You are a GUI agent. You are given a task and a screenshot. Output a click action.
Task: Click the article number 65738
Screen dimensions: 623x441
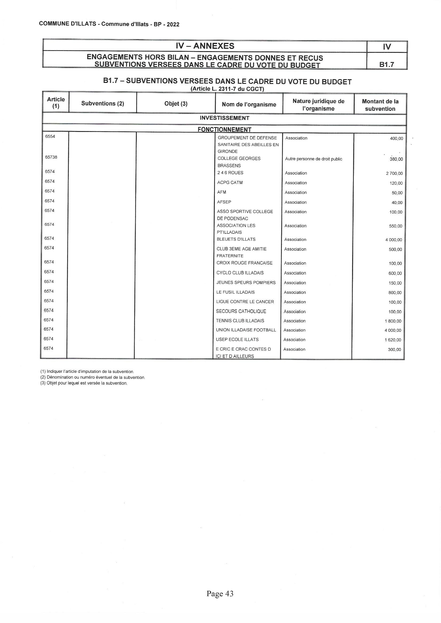point(51,157)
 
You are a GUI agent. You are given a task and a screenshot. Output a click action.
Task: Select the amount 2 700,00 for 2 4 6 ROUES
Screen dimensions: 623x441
point(394,174)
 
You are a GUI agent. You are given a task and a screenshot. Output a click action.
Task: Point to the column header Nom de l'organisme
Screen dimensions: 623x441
point(249,105)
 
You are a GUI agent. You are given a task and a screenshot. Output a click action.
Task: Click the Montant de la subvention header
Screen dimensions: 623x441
point(380,105)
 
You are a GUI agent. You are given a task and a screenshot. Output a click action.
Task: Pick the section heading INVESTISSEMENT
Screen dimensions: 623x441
point(224,118)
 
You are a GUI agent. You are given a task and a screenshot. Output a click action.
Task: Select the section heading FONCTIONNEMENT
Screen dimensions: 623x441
point(224,130)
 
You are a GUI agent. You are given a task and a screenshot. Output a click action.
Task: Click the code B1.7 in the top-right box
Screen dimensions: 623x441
point(387,64)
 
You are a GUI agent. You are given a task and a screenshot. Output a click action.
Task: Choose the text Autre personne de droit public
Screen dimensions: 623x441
point(313,159)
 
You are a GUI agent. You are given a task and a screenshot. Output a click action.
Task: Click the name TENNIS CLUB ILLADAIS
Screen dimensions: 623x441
point(240,321)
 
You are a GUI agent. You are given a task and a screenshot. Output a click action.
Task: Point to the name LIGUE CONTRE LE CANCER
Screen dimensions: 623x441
point(245,302)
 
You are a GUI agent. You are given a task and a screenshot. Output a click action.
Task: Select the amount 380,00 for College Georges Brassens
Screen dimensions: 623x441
point(396,159)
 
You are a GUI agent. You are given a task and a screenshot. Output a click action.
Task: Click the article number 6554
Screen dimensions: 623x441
point(50,136)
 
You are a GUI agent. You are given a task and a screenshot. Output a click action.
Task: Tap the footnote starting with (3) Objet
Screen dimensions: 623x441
point(84,383)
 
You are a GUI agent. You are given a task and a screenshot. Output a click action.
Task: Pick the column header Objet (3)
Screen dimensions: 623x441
point(176,104)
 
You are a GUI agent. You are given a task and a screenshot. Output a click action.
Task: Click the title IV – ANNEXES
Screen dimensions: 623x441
point(205,46)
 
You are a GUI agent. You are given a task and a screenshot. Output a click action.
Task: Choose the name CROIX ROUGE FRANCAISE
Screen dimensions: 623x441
point(244,263)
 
